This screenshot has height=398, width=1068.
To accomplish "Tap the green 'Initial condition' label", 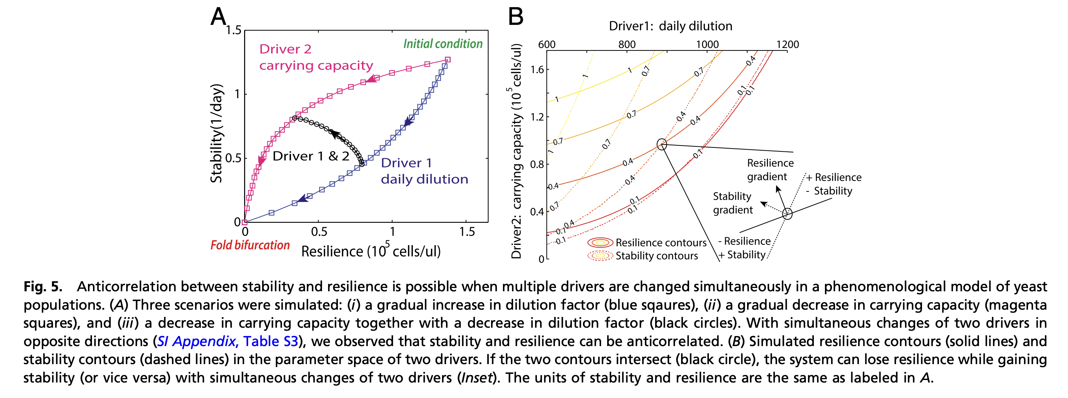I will tap(443, 44).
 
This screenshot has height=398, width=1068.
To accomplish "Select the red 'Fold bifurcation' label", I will tap(250, 245).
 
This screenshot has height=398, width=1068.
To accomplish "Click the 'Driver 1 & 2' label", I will tap(311, 156).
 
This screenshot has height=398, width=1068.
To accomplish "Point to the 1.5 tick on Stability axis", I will tap(233, 30).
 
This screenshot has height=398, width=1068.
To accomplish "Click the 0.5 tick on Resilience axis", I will tap(319, 231).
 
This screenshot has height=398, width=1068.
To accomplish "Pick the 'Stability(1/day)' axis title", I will tap(216, 133).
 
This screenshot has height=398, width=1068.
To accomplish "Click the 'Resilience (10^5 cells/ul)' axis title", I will tap(371, 251).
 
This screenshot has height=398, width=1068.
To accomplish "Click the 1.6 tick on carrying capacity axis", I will tap(537, 70).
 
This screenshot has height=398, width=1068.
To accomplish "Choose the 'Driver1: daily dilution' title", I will tap(670, 26).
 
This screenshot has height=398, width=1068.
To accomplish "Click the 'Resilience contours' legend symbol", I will tap(600, 243).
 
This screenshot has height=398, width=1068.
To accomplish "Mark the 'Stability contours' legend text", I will tap(657, 256).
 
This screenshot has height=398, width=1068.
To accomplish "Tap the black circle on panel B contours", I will tap(662, 144).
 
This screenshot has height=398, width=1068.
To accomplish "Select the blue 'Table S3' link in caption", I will tap(270, 341).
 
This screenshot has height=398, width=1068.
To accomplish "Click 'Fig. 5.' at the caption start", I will tap(43, 287).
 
